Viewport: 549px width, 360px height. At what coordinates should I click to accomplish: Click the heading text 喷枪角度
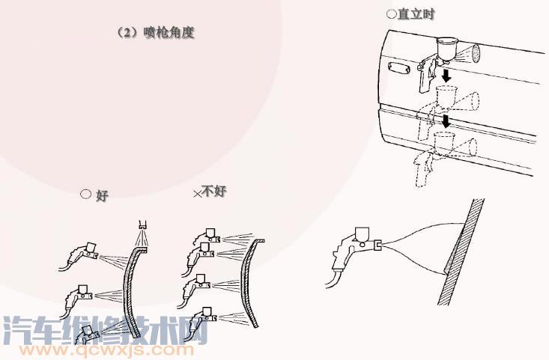[169, 32]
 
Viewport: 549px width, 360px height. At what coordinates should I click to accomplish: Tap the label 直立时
[416, 14]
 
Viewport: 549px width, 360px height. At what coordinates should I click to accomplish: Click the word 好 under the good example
[102, 195]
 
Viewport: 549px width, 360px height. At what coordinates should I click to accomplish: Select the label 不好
[214, 191]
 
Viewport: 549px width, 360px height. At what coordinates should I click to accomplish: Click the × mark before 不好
[198, 194]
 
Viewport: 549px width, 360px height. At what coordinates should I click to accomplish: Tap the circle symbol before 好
[85, 194]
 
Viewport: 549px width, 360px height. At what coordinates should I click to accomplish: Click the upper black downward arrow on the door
[446, 75]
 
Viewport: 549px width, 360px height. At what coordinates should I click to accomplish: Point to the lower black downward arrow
[446, 120]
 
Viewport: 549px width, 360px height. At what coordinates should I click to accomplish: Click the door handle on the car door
[398, 67]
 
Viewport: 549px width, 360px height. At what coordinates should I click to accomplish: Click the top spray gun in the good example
[79, 255]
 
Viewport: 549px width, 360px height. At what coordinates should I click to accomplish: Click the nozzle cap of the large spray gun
[377, 245]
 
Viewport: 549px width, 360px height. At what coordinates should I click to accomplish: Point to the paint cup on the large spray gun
[363, 234]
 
